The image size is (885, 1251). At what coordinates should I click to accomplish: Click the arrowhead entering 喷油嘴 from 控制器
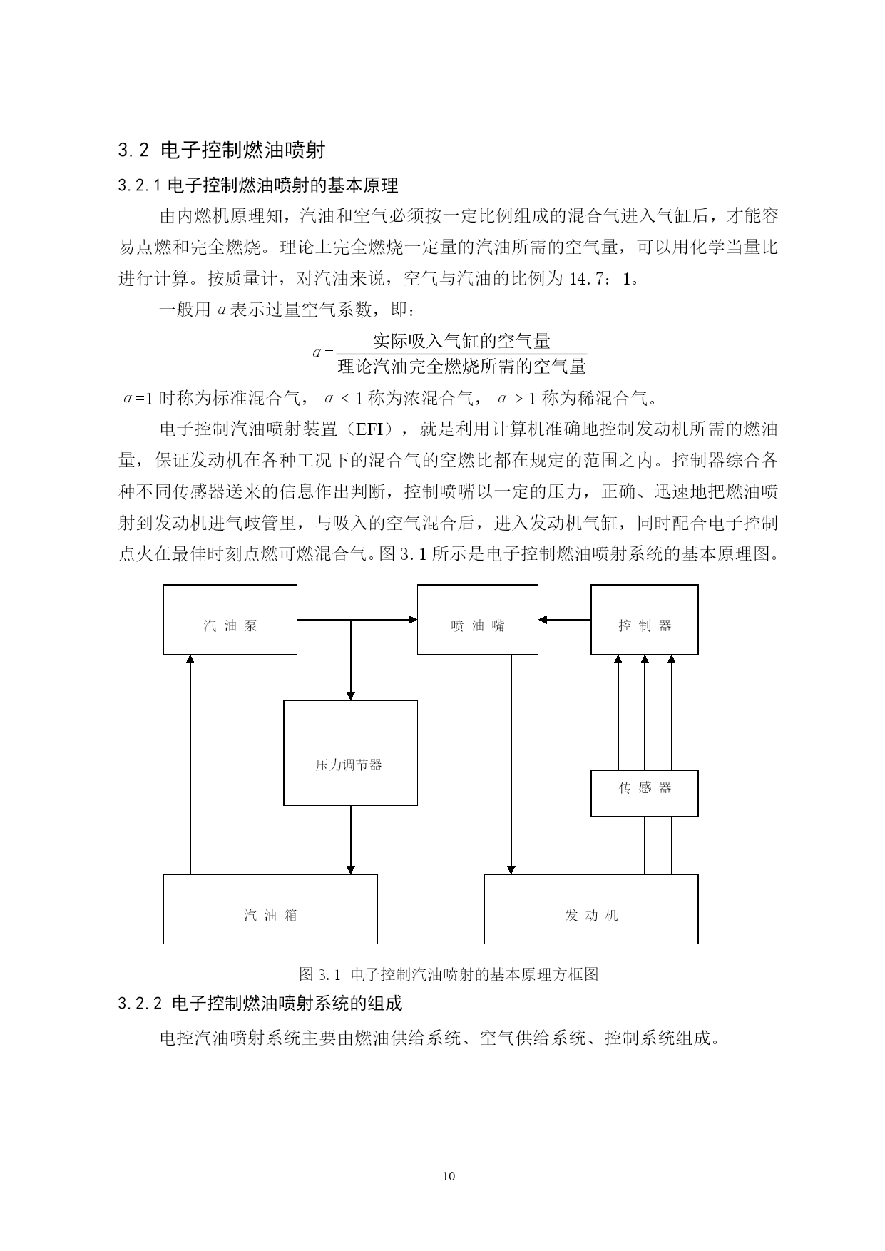click(x=543, y=620)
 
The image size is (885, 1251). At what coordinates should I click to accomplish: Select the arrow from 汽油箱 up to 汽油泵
click(x=190, y=764)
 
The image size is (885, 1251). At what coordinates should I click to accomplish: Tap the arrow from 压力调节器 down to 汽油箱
click(x=350, y=839)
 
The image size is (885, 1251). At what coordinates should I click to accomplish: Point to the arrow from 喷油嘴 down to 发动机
click(x=511, y=764)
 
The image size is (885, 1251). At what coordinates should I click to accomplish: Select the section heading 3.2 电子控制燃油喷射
click(x=222, y=150)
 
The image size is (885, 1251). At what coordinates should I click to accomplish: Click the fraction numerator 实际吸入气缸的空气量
click(x=461, y=340)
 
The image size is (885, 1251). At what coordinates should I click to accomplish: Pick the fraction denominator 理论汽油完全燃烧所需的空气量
click(x=461, y=367)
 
